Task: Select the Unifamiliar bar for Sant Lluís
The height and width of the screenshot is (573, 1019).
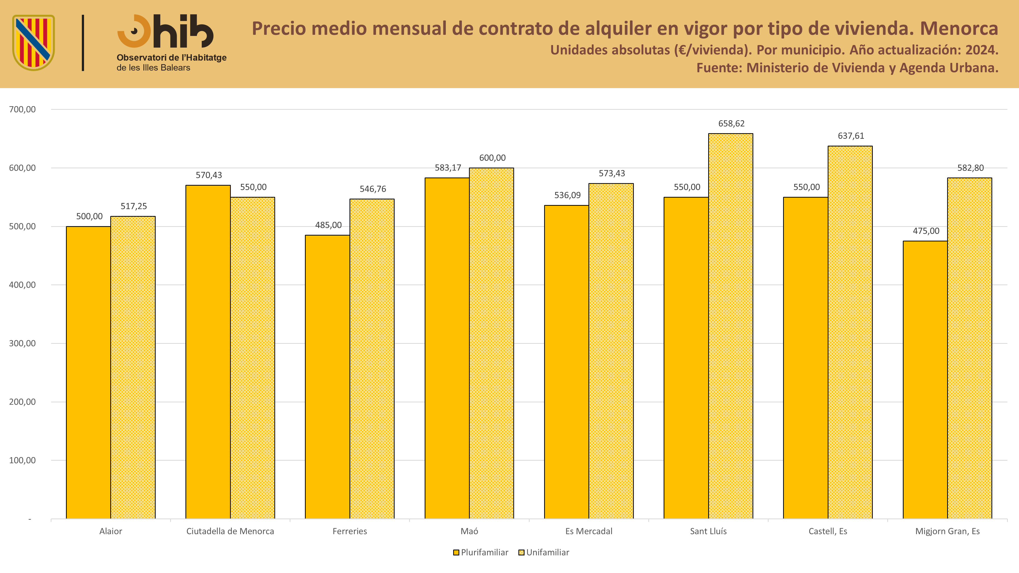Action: click(731, 326)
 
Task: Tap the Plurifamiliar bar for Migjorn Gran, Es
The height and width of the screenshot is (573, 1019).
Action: click(925, 380)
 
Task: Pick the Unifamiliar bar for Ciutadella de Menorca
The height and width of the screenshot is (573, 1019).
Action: click(253, 358)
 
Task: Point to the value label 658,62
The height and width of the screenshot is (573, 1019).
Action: click(731, 123)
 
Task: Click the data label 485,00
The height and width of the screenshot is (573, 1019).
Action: click(328, 225)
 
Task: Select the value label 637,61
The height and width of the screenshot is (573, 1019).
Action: click(851, 136)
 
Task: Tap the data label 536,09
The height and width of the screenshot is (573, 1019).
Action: click(567, 195)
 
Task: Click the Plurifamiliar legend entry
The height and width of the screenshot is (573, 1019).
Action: click(481, 552)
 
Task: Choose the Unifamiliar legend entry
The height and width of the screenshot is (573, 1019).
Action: click(544, 552)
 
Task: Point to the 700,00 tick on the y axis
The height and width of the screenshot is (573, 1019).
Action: click(22, 109)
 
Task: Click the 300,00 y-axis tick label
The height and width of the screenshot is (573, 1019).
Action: click(22, 343)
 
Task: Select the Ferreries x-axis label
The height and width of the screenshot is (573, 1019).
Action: click(350, 531)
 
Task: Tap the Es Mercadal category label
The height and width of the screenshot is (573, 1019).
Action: click(589, 531)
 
